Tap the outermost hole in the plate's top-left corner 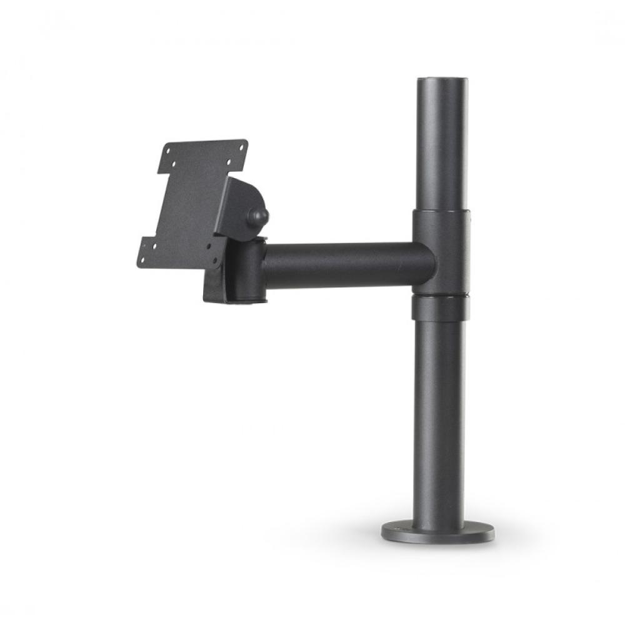pos(167,151)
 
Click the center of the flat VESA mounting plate pos(191,203)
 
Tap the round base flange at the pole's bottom pos(437,532)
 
